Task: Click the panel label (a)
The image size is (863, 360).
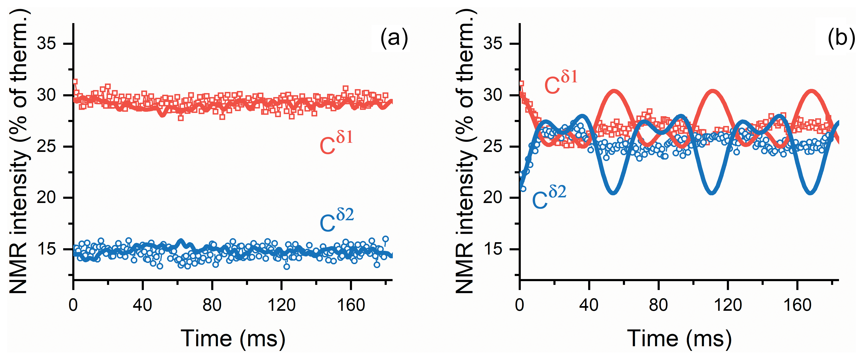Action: coord(394,38)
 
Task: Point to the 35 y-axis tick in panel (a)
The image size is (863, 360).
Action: coord(47,44)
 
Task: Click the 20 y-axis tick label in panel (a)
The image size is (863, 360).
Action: coord(47,198)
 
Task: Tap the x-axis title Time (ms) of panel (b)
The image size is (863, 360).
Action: coord(679,339)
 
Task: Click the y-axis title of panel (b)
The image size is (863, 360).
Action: coord(466,151)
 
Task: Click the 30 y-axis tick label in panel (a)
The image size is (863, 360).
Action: coord(47,95)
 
